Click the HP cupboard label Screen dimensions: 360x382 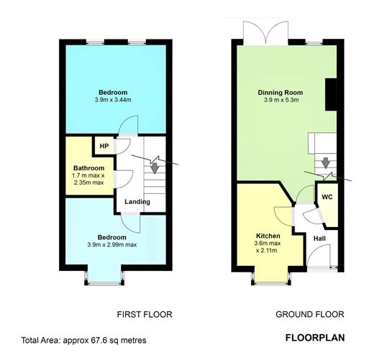tap(104, 147)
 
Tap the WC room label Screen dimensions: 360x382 tap(326, 196)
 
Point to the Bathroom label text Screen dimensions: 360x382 tap(88, 168)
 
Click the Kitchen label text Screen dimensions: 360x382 tap(267, 235)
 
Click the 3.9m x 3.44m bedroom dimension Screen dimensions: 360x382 tap(114, 100)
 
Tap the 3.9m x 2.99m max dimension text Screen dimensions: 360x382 tap(112, 244)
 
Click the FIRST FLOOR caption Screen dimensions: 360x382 tap(145, 315)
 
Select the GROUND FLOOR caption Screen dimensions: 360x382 tap(310, 315)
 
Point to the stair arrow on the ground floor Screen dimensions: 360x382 tap(325, 162)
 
